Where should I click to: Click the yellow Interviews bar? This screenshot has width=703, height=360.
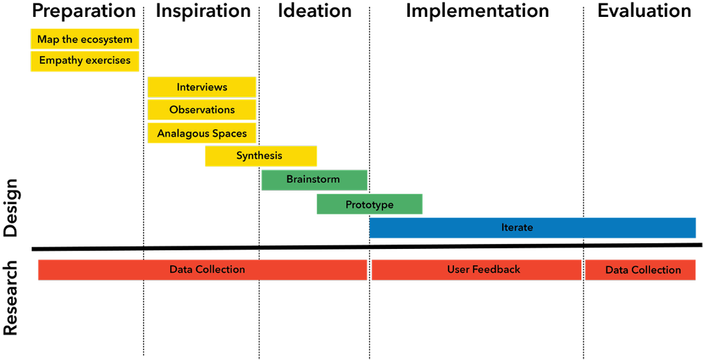point(202,87)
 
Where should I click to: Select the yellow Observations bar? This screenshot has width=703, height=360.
point(202,110)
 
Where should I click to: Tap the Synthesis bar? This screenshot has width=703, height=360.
point(261,156)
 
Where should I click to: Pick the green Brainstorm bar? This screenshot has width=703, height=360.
point(314,180)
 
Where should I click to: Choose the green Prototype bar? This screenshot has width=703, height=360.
point(369,205)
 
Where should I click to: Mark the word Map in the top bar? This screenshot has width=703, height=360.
point(47,39)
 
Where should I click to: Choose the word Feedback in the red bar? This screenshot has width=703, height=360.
point(497,269)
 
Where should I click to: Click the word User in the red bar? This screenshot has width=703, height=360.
point(458,269)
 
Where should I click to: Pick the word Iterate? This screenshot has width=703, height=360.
point(517,228)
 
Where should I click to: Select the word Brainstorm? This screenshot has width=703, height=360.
point(313,179)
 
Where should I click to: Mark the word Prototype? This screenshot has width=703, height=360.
point(369,205)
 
